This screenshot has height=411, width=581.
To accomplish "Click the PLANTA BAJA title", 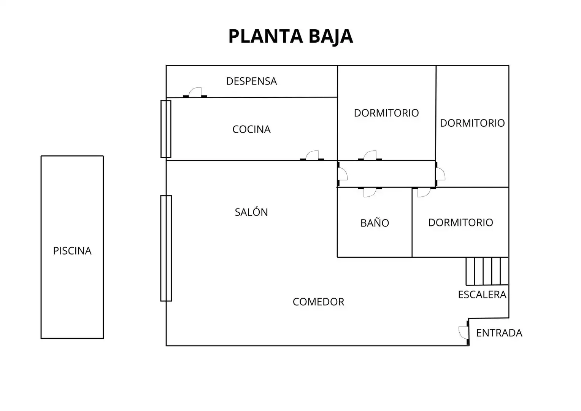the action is click(x=290, y=37).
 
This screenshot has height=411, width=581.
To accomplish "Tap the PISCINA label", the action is click(x=72, y=251).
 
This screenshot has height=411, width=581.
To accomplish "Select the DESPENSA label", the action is click(x=251, y=81).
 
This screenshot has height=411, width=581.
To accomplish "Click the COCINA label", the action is click(x=251, y=129).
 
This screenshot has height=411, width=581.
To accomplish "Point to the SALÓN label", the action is click(x=251, y=212).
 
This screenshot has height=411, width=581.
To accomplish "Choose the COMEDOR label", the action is click(x=318, y=302).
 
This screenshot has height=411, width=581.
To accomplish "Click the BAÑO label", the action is click(x=375, y=223).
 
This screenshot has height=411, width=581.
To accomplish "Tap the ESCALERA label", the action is click(x=482, y=295).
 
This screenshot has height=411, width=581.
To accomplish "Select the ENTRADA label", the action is click(x=499, y=333).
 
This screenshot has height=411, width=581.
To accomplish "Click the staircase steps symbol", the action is click(x=487, y=271).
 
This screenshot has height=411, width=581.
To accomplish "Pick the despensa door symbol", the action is click(x=195, y=93).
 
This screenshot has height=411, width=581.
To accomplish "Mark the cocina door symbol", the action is click(x=312, y=156).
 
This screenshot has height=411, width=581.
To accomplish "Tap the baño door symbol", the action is click(x=370, y=192).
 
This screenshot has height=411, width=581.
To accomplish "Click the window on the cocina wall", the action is click(x=166, y=129).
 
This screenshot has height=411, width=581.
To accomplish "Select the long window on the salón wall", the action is click(x=166, y=248).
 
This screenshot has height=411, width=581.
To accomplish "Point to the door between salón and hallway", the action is click(x=342, y=174).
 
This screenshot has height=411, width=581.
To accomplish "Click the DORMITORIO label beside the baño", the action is click(x=460, y=223).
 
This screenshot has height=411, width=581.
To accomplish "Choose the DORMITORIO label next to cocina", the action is click(x=386, y=113).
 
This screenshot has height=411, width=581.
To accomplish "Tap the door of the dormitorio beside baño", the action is click(x=424, y=192).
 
